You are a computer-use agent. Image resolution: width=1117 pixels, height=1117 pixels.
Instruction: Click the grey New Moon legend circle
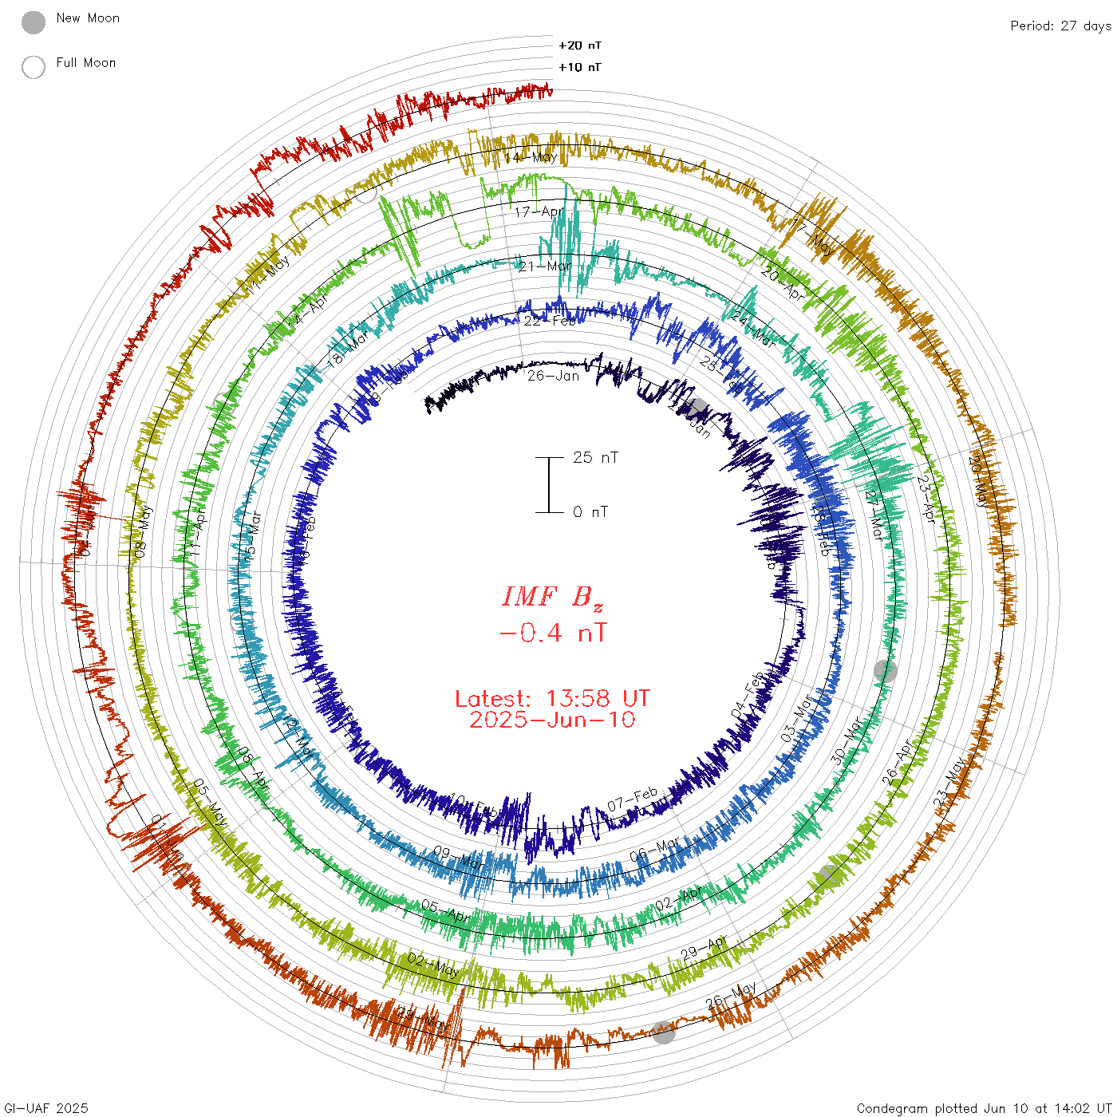(x=34, y=23)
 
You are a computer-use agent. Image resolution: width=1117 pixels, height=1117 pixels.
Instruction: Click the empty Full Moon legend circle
(x=34, y=68)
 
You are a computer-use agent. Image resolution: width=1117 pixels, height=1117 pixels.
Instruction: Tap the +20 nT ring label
(x=580, y=45)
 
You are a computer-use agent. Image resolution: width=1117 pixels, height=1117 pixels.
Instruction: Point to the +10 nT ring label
(x=580, y=67)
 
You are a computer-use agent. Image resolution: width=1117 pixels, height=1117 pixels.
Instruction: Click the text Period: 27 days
(x=1060, y=26)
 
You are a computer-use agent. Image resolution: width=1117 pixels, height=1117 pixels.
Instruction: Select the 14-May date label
(x=531, y=157)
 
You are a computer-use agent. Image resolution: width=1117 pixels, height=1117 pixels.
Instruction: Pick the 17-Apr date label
(x=539, y=212)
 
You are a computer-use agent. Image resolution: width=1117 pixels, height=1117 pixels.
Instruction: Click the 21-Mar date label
(x=545, y=266)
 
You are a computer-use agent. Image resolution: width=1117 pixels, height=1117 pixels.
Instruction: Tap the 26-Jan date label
(x=553, y=376)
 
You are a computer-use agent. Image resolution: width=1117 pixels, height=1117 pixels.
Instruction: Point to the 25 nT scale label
(x=595, y=457)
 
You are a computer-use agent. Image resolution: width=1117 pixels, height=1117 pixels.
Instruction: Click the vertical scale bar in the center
(x=549, y=484)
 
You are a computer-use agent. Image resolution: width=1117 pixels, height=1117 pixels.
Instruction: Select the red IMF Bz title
(x=552, y=597)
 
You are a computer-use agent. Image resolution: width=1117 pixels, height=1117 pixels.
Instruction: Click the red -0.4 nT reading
(x=552, y=633)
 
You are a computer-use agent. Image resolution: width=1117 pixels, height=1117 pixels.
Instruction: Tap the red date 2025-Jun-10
(x=552, y=720)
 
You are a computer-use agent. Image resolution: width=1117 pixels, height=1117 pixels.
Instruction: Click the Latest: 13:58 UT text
(x=552, y=699)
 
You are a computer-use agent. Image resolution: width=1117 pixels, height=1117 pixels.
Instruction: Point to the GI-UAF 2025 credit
(x=46, y=1108)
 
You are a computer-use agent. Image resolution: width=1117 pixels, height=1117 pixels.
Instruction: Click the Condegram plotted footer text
(x=984, y=1108)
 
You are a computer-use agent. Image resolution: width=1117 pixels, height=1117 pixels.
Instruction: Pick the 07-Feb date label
(x=633, y=799)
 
